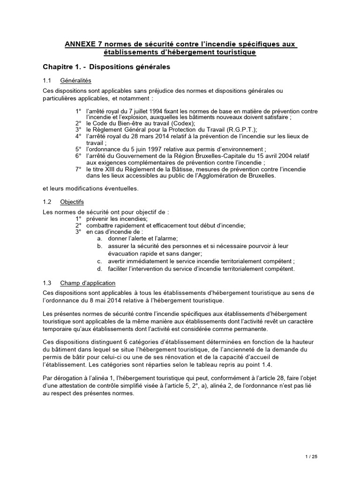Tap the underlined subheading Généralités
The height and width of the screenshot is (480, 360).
pos(75,81)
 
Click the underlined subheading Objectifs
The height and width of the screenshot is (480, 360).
pos(72,202)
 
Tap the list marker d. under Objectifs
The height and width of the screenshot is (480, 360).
pos(99,269)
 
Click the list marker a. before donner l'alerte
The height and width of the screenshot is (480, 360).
pos(99,238)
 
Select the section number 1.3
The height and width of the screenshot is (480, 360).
pos(46,283)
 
